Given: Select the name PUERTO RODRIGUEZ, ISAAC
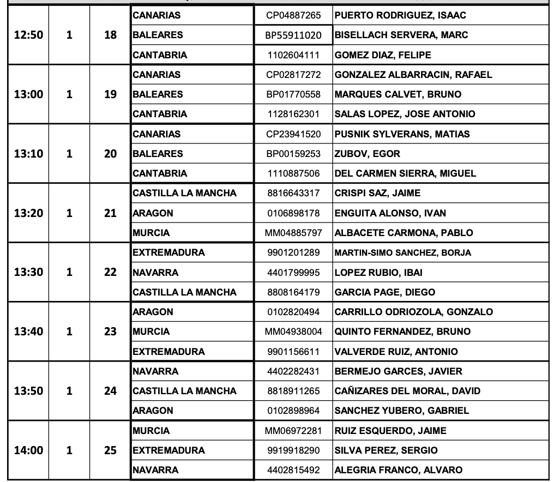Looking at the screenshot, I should click(400, 15).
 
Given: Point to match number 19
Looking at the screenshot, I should click(110, 94).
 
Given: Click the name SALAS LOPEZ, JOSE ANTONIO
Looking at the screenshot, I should click(405, 114).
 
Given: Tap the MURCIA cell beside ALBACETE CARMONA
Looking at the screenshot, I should click(151, 233).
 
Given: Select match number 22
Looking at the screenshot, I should click(110, 272).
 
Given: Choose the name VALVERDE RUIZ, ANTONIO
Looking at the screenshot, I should click(396, 352).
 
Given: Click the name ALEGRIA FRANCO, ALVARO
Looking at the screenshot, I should click(398, 470).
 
